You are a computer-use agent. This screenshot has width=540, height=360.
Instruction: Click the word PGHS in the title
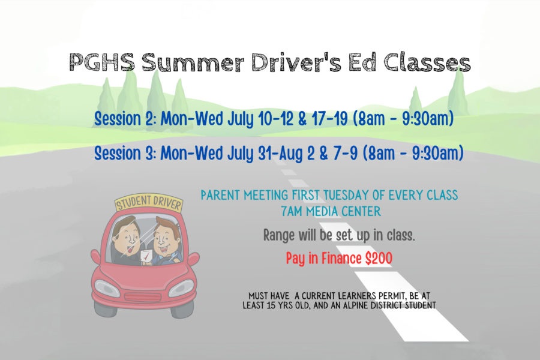coord(102,62)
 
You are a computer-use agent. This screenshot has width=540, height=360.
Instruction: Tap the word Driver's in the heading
coord(296,62)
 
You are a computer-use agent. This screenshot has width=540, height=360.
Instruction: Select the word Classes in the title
coord(427,62)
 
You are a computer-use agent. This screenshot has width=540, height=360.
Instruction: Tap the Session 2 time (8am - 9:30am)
coord(403,119)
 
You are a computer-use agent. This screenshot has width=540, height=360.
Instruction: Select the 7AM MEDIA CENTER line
coord(331,211)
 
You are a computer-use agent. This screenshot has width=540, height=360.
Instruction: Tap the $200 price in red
coord(379,259)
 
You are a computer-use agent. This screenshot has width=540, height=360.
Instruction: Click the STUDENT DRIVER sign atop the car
coord(149,203)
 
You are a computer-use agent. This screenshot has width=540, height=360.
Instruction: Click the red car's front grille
coord(143,297)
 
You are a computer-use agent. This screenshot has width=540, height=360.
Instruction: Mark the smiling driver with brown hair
coord(166,242)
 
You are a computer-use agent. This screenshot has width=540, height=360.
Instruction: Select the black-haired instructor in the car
coord(127,241)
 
